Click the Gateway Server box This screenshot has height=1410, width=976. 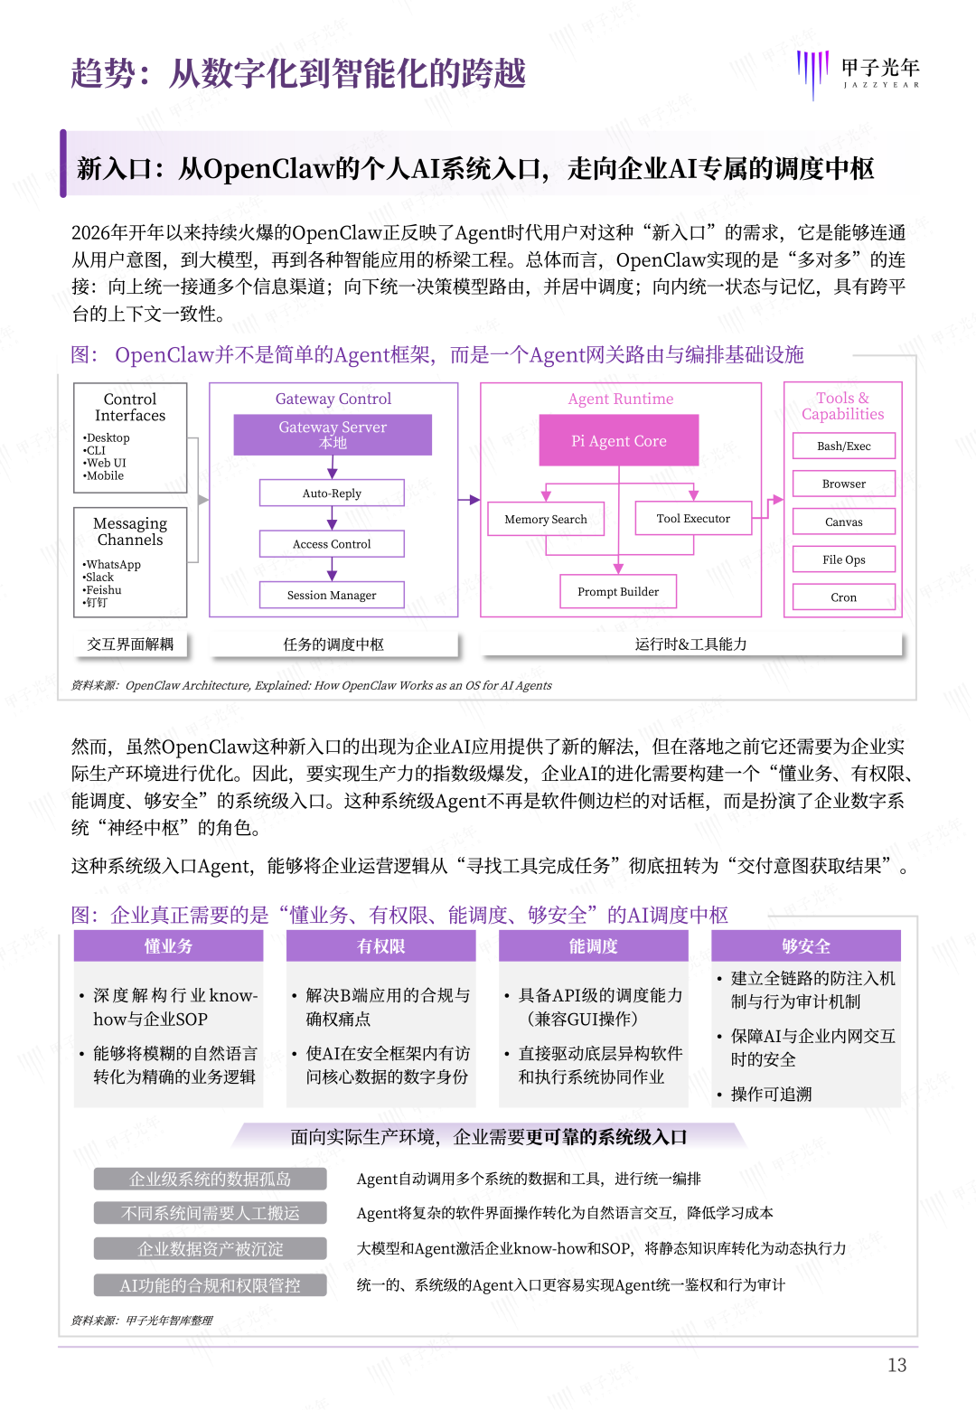point(333,434)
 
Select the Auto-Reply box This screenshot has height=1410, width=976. point(332,493)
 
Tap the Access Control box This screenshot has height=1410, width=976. point(332,544)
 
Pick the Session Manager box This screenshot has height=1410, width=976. point(332,595)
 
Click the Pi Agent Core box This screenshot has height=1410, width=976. point(619,440)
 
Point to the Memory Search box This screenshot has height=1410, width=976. point(546,519)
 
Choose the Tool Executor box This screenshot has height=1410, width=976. point(693,518)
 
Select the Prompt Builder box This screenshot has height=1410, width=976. point(618,591)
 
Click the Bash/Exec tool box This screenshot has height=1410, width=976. point(844,446)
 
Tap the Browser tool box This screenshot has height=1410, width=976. point(844,484)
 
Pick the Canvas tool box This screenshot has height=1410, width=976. point(844,522)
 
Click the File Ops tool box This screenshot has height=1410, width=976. point(844,559)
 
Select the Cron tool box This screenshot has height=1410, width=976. point(844,597)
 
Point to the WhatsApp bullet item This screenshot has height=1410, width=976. point(113,564)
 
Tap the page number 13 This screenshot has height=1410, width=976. point(896,1365)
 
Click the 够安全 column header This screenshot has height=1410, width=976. point(806,945)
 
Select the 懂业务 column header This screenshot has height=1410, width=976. point(169,945)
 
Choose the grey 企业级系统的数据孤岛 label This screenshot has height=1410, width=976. point(211,1179)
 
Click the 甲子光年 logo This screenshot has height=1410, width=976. point(859,72)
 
